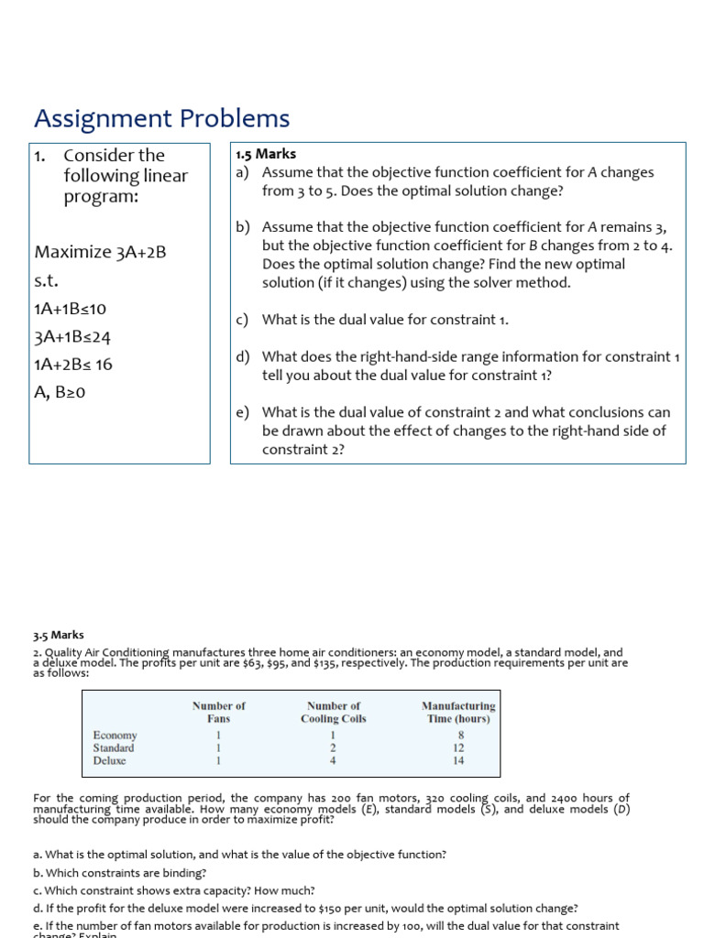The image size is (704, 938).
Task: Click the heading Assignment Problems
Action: pos(161,119)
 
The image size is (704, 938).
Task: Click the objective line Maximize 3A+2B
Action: pos(100,252)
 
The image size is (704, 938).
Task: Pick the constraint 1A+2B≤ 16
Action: pos(73,365)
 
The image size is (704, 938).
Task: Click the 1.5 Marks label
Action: pos(266,154)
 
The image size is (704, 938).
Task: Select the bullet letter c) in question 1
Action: pos(243,320)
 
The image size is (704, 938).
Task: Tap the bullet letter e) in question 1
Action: pos(243,413)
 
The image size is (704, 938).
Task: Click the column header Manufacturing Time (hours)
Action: pos(458,712)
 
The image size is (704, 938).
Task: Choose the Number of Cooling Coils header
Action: pos(334,712)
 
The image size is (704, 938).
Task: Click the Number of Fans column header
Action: pos(218,712)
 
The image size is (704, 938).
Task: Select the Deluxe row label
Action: pos(110,760)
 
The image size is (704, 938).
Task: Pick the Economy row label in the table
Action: pos(115,735)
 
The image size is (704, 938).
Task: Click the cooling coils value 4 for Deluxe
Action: pos(333,760)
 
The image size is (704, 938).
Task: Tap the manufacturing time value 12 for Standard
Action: pos(460,747)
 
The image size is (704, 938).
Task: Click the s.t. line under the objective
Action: pos(46,280)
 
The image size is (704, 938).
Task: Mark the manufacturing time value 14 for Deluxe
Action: pos(459,760)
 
